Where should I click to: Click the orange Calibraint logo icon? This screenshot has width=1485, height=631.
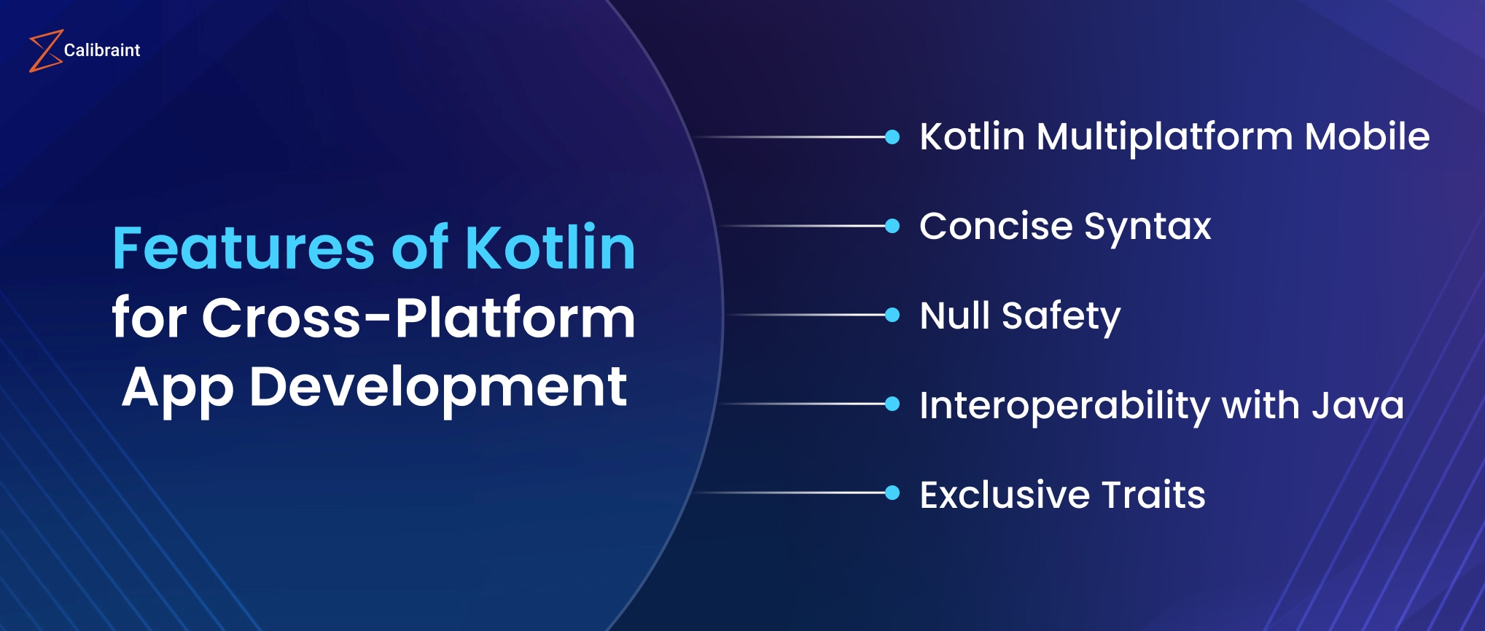pyautogui.click(x=44, y=51)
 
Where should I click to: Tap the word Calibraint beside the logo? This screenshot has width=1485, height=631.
pyautogui.click(x=102, y=50)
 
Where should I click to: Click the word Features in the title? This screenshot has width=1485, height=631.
pyautogui.click(x=243, y=248)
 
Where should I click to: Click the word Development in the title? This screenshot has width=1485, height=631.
pyautogui.click(x=437, y=388)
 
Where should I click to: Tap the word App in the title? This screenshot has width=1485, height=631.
pyautogui.click(x=177, y=388)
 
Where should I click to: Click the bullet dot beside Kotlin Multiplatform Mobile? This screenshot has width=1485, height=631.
pyautogui.click(x=892, y=137)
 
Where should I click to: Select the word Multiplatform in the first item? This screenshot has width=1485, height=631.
pyautogui.click(x=1164, y=137)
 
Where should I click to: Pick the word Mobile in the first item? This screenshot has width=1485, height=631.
pyautogui.click(x=1367, y=137)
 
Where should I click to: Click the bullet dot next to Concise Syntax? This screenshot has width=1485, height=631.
pyautogui.click(x=892, y=226)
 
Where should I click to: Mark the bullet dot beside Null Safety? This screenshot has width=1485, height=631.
pyautogui.click(x=892, y=315)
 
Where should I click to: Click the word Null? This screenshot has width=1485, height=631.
pyautogui.click(x=954, y=315)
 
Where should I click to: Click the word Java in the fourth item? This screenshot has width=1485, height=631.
pyautogui.click(x=1357, y=405)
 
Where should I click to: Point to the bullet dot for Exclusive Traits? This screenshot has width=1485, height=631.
pyautogui.click(x=892, y=493)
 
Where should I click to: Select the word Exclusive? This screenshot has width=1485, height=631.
pyautogui.click(x=1005, y=495)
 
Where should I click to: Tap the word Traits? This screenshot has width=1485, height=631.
pyautogui.click(x=1153, y=495)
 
